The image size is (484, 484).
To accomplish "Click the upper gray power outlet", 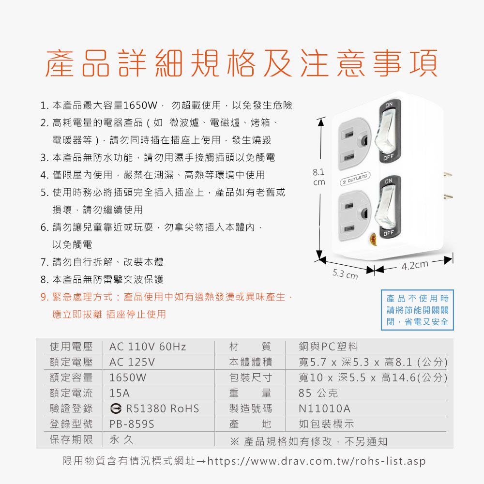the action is [x=354, y=144].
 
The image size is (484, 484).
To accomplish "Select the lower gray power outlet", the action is [x=354, y=215].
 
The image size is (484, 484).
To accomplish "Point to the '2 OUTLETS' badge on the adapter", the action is [x=355, y=179].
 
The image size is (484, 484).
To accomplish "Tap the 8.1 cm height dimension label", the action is [x=319, y=177].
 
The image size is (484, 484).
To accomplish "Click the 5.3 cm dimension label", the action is [x=345, y=273].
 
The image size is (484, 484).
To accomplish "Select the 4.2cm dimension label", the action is [x=415, y=265].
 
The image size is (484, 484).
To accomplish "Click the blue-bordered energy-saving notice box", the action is [x=417, y=310].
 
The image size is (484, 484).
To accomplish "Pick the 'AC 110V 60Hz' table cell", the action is [x=148, y=347].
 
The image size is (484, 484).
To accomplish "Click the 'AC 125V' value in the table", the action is [x=132, y=362].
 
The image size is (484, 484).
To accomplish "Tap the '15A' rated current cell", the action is [x=120, y=393].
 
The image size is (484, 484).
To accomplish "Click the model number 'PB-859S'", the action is [x=132, y=424].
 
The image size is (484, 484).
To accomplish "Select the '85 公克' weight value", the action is [x=318, y=393].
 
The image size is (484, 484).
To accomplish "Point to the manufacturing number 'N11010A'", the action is [x=324, y=408].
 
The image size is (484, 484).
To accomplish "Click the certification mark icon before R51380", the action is [x=116, y=408].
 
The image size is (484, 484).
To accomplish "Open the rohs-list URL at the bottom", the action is [x=317, y=461].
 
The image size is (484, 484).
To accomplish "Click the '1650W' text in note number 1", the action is [x=140, y=105].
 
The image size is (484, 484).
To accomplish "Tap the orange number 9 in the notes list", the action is [x=44, y=297].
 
